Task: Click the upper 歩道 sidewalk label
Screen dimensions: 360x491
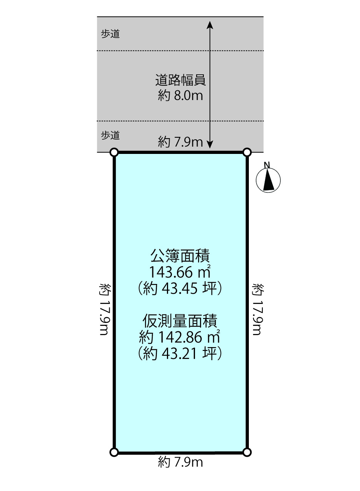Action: coord(110,34)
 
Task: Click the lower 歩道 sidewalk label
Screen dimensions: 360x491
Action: coord(110,135)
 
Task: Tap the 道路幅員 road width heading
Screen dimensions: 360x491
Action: coord(180,80)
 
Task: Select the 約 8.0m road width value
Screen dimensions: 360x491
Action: coord(180,95)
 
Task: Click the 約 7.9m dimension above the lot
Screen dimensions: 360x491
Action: coord(180,142)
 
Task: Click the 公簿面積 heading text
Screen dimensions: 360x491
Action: coord(180,256)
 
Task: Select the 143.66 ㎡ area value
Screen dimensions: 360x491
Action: coord(180,272)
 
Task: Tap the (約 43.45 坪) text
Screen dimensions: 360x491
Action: coord(180,288)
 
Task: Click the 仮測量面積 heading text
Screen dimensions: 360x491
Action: coord(180,321)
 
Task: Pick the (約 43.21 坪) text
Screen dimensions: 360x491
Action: coord(180,353)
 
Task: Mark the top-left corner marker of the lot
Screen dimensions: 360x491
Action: coord(114,152)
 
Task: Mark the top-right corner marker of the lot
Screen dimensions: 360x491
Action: coord(247,152)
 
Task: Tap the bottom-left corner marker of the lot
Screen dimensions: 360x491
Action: coord(114,452)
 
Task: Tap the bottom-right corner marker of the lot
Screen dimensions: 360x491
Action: coord(247,452)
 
